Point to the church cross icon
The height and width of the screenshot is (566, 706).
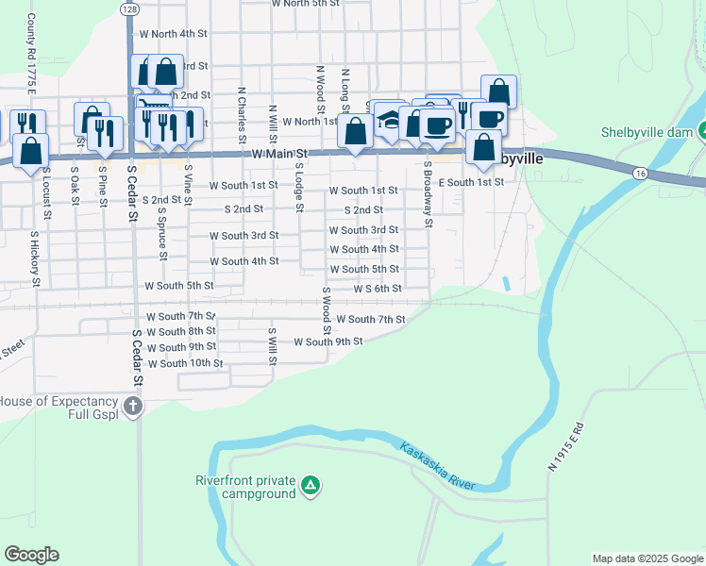tap(133, 407)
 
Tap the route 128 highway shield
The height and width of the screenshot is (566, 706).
tap(127, 8)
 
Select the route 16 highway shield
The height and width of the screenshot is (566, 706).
tap(640, 174)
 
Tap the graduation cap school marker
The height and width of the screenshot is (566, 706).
tap(388, 120)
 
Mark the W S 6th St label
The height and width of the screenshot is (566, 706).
tap(378, 289)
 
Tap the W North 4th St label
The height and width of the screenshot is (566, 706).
tap(173, 33)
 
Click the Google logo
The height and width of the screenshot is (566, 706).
tap(31, 555)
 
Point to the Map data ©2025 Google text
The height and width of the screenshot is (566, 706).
tap(647, 558)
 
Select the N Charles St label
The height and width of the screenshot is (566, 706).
tap(243, 108)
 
